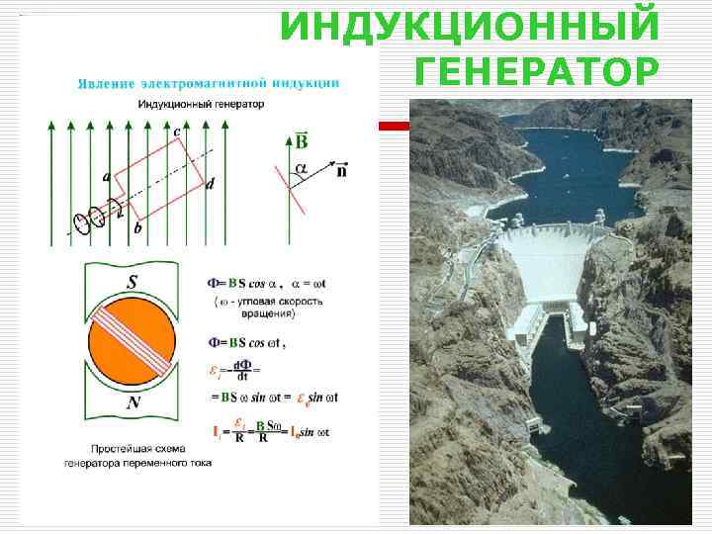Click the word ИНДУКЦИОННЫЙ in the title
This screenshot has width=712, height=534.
pyautogui.click(x=469, y=27)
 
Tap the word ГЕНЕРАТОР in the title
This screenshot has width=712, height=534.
pyautogui.click(x=535, y=72)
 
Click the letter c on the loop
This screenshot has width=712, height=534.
pyautogui.click(x=176, y=132)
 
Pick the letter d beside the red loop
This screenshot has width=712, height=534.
pyautogui.click(x=210, y=185)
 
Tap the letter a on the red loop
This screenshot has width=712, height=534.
pyautogui.click(x=106, y=178)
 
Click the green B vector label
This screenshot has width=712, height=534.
pyautogui.click(x=302, y=140)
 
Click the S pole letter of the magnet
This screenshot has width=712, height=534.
pyautogui.click(x=131, y=281)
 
